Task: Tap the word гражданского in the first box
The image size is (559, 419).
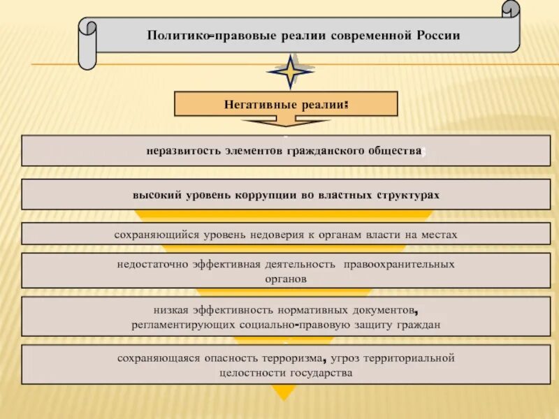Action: (x=328, y=151)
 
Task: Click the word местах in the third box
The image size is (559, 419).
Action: (x=440, y=235)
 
